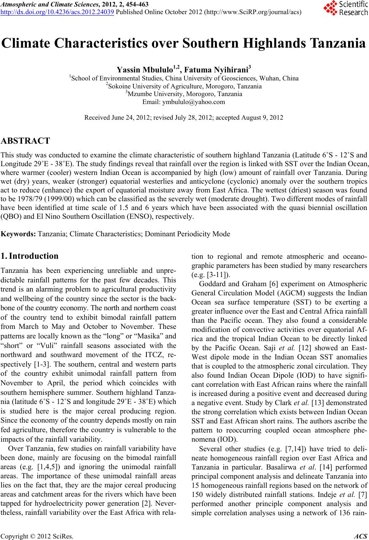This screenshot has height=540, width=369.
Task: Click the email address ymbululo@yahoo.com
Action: (x=194, y=102)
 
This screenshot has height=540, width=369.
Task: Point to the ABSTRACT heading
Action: (x=25, y=141)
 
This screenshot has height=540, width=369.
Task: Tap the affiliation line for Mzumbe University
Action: (x=184, y=94)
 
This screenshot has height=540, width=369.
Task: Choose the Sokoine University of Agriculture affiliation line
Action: (x=184, y=86)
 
